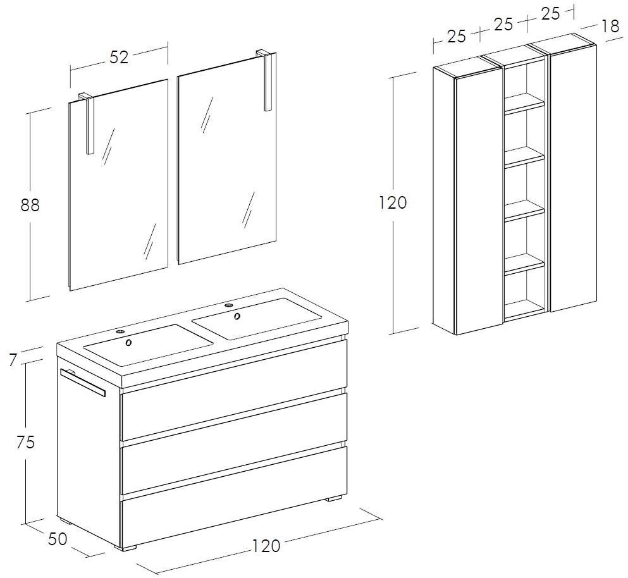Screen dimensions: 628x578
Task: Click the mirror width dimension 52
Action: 119,58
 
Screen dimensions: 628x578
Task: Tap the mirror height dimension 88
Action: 30,205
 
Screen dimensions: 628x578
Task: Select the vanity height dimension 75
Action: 26,442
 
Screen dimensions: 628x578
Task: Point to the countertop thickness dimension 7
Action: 13,360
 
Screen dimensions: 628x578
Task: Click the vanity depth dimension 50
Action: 58,539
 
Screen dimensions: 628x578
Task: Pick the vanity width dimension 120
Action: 266,546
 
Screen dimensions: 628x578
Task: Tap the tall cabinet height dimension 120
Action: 393,203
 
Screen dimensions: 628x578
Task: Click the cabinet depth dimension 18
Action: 610,27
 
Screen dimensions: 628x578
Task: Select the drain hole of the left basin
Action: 129,343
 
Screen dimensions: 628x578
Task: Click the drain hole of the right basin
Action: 237,316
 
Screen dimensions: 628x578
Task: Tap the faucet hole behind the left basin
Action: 120,331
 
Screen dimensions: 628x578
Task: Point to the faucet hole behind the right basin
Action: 229,305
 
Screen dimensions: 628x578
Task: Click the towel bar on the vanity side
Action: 82,382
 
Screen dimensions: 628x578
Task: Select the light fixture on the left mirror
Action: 87,123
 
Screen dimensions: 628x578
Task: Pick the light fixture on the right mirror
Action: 266,80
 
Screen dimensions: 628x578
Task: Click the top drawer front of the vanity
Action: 233,415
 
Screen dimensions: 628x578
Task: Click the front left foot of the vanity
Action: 125,546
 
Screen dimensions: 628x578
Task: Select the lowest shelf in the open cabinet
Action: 524,265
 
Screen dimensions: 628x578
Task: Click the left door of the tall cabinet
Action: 479,200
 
